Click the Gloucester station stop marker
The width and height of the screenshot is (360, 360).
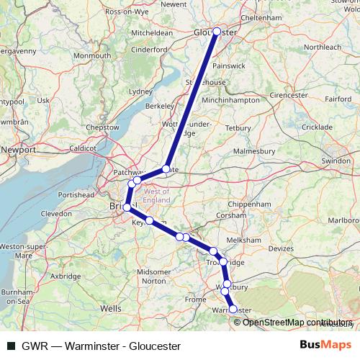[217, 31]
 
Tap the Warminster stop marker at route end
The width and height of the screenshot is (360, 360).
[233, 309]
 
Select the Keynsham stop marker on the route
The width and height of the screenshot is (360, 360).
[150, 220]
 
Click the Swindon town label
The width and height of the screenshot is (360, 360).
[336, 161]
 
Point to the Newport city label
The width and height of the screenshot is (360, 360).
[19, 149]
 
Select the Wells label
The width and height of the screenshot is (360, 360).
[111, 307]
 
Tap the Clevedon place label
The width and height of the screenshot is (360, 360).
[57, 214]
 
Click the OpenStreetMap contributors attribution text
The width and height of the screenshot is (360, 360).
[298, 322]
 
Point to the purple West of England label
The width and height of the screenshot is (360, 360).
[157, 196]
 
